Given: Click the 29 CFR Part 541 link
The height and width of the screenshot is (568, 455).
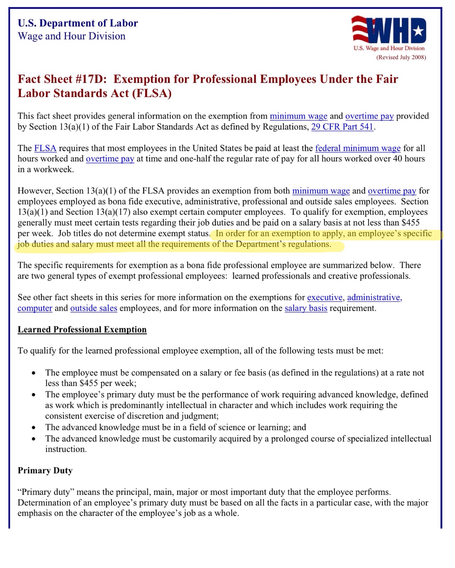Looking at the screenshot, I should (342, 127).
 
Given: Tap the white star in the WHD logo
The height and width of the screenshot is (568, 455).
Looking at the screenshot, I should (418, 30).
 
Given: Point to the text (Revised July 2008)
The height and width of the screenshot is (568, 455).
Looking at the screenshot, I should (401, 57).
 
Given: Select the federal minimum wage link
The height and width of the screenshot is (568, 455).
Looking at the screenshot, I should (358, 148).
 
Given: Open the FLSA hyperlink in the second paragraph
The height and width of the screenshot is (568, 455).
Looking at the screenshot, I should (45, 148).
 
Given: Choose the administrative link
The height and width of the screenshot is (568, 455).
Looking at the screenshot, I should (374, 297).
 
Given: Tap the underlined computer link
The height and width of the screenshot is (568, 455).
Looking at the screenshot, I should (35, 308).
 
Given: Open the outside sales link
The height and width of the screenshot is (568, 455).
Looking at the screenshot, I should (94, 308).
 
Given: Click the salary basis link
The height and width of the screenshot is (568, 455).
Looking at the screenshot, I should (306, 308).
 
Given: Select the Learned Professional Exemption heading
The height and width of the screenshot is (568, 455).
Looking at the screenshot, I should (82, 330).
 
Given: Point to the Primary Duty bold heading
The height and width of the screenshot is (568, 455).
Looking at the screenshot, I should (45, 471).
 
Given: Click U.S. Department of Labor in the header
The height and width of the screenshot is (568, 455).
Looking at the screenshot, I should (78, 23).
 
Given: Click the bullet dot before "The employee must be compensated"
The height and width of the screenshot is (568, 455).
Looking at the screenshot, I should (34, 373).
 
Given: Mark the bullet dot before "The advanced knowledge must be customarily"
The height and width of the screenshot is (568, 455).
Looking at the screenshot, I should (34, 439).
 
